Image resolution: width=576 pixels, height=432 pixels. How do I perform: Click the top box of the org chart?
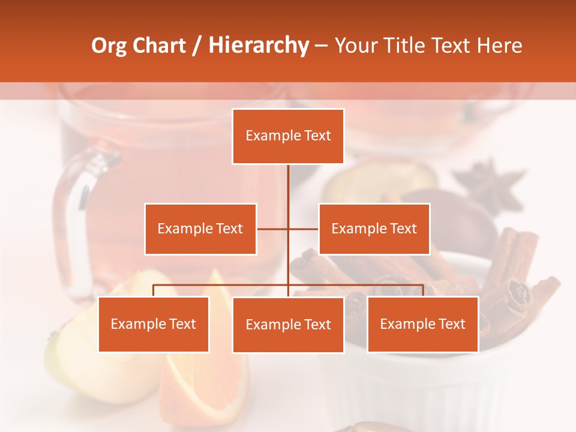click(288, 136)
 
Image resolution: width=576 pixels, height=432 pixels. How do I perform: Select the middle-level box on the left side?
click(200, 229)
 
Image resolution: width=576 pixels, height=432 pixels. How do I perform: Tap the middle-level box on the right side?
click(374, 229)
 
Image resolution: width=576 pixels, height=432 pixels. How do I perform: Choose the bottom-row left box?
click(154, 324)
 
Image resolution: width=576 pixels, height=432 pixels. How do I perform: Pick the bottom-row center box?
click(288, 325)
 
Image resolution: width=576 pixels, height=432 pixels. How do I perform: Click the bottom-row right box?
click(422, 324)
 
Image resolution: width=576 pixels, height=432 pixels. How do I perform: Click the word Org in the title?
click(109, 46)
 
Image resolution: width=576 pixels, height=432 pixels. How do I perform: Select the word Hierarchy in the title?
click(258, 46)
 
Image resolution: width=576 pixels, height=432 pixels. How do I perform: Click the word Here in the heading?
click(499, 46)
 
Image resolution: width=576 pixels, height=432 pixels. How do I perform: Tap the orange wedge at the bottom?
click(204, 378)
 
